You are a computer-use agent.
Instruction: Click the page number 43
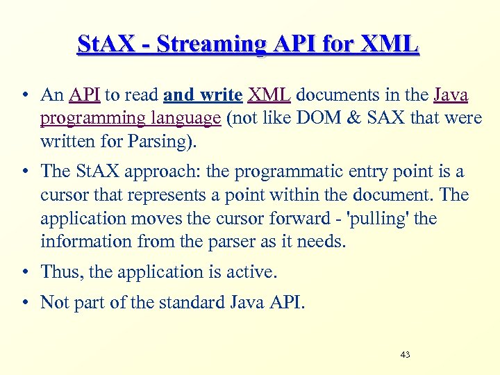click(x=406, y=355)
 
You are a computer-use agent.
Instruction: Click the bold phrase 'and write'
click(x=203, y=95)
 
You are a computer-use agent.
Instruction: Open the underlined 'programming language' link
click(x=131, y=119)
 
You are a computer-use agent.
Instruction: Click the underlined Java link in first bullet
click(x=451, y=95)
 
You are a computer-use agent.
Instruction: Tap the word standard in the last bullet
click(x=185, y=303)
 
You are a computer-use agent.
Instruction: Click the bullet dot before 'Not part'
click(x=24, y=303)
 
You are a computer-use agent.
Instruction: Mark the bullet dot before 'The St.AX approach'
click(x=24, y=172)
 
